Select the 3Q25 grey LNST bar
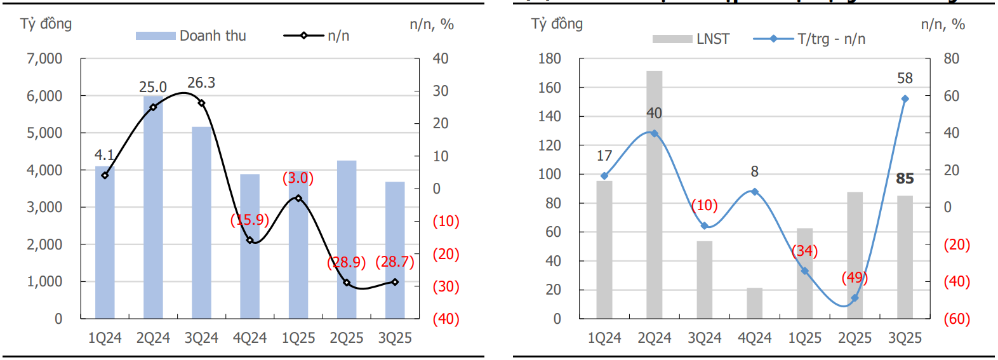tap(905, 257)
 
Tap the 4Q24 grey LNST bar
tap(754, 303)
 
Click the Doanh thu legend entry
tap(191, 36)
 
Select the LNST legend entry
tap(691, 39)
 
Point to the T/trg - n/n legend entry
tap(809, 39)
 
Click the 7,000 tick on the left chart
tap(44, 59)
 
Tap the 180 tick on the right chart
tap(549, 59)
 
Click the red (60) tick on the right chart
tap(957, 319)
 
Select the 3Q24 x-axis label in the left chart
tap(201, 338)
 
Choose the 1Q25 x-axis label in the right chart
tap(804, 338)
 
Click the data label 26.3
tap(201, 83)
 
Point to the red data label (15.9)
tap(250, 220)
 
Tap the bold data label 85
tap(905, 179)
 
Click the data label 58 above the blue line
tap(905, 78)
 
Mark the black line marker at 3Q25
tap(395, 282)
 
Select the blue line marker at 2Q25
tap(855, 298)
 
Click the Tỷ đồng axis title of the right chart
tap(557, 24)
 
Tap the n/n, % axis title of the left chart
tap(432, 25)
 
